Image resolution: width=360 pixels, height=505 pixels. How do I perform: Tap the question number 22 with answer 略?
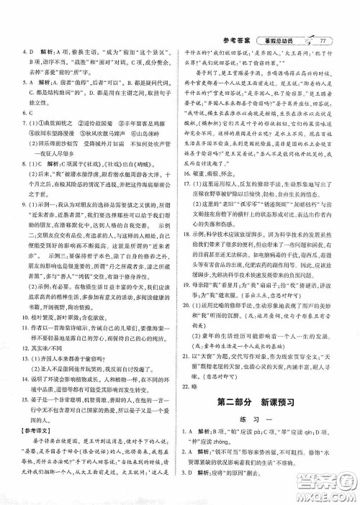192,385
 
